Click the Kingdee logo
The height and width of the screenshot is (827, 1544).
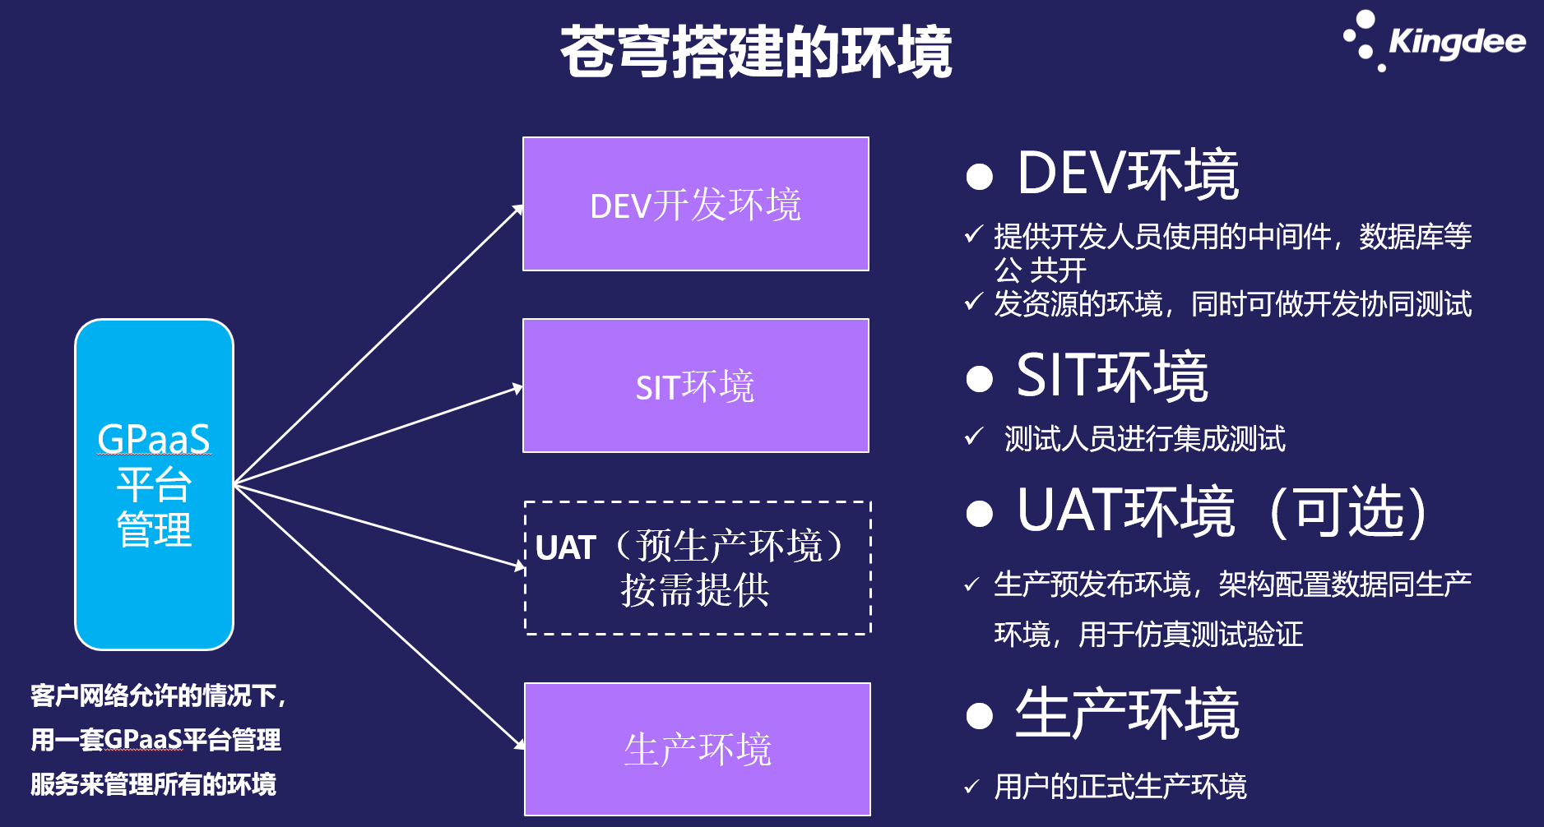coord(1435,41)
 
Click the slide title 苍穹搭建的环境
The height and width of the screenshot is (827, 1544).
coord(756,52)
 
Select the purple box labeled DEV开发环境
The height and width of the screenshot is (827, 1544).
coord(696,204)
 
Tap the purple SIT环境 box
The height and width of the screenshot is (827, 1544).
coord(696,386)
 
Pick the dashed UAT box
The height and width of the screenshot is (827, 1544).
coord(698,568)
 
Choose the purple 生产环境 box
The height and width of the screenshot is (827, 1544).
coord(698,749)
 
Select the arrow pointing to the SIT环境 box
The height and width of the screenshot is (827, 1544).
coord(378,435)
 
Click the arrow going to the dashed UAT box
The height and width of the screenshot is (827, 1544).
coord(378,526)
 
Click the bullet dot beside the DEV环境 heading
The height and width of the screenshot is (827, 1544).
coord(980,176)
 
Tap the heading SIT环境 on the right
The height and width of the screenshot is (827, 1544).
coord(1111,377)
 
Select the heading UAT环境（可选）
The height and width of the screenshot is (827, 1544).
coord(1222,511)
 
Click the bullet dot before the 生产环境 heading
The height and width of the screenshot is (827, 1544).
coord(980,715)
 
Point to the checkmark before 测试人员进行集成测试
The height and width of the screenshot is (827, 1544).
coord(974,437)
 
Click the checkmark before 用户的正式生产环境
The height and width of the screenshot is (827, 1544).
coord(971,787)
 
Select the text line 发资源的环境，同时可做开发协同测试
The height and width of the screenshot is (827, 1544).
coord(1232,304)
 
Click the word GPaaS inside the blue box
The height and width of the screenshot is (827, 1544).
coord(154,439)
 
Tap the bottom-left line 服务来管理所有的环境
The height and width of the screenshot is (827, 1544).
coord(154,784)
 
